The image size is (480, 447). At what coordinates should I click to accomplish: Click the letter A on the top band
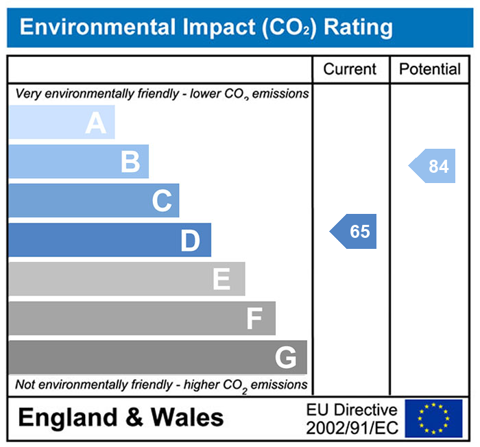tap(96, 123)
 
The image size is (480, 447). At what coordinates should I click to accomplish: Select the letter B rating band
tap(130, 162)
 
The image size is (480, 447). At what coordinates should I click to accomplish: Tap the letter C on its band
tap(162, 202)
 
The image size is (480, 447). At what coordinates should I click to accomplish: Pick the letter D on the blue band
tap(190, 241)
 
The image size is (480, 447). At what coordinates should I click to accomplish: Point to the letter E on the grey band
tap(221, 280)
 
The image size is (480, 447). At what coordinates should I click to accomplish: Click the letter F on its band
tap(254, 319)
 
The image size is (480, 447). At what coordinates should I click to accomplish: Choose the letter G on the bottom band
tap(285, 358)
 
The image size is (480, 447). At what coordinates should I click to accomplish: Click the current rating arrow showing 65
tap(355, 232)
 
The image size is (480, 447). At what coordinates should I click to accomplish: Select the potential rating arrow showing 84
tap(433, 167)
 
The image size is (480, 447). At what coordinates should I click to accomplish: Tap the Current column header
tap(350, 69)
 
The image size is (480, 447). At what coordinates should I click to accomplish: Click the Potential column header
tap(430, 69)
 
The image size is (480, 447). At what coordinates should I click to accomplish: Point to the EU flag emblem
tap(433, 418)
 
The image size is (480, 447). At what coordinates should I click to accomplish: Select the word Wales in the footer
tap(187, 418)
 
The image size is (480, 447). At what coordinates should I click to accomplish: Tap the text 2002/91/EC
tap(352, 428)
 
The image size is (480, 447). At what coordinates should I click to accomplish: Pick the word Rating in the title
tap(358, 27)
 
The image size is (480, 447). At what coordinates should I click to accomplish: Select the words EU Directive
tap(352, 410)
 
